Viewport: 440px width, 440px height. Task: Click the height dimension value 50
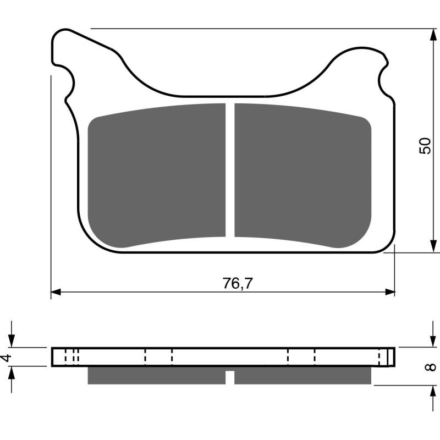[x=425, y=145]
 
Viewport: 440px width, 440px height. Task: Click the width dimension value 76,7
[x=234, y=284]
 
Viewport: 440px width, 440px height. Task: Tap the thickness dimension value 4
[x=6, y=358]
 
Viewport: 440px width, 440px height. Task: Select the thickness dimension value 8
[x=431, y=366]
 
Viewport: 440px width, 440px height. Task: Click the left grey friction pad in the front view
[x=157, y=173]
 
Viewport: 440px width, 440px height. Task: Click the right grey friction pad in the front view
[x=302, y=173]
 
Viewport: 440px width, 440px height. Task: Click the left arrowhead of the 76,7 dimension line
[x=55, y=291]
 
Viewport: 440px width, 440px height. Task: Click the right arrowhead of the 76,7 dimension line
[x=391, y=291]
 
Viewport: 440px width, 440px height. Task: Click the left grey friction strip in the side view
[x=157, y=375]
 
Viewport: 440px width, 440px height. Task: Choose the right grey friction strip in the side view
[x=302, y=375]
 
